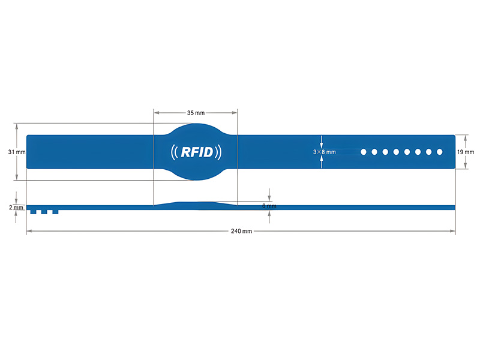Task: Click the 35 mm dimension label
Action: click(x=196, y=113)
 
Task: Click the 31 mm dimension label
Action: click(x=17, y=152)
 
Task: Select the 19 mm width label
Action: click(x=466, y=152)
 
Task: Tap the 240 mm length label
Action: click(x=242, y=231)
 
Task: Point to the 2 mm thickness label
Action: click(x=16, y=208)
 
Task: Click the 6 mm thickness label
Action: click(x=269, y=206)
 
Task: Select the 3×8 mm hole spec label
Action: click(x=325, y=152)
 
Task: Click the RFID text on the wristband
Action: click(x=197, y=152)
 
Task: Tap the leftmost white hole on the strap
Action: click(x=364, y=152)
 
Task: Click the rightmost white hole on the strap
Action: click(x=440, y=152)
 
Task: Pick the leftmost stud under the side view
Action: click(x=34, y=212)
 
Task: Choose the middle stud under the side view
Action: click(x=44, y=212)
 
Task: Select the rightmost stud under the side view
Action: click(x=55, y=212)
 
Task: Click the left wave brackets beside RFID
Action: click(x=174, y=152)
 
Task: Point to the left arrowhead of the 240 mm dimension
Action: click(x=29, y=231)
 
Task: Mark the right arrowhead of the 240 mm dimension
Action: click(x=452, y=231)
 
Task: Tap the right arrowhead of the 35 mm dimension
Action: click(x=235, y=113)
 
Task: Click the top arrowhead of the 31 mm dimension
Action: click(x=17, y=127)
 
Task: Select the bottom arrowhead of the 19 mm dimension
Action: click(x=466, y=166)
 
